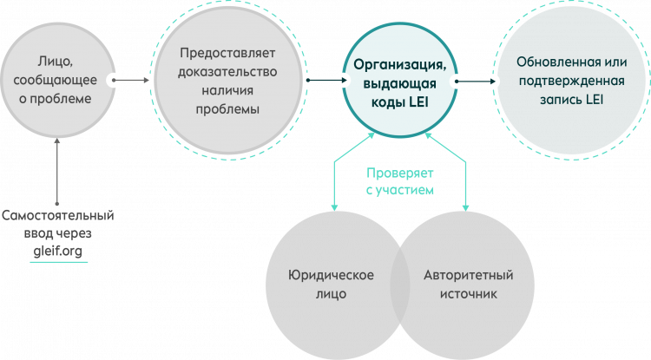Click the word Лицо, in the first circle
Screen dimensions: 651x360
(56, 62)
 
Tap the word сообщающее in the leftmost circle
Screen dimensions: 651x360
(56, 80)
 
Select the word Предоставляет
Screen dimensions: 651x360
(227, 53)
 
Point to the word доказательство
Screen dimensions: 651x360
(227, 72)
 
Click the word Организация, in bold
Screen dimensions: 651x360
(400, 65)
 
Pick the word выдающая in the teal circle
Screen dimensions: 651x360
(400, 84)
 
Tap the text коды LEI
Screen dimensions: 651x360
(400, 102)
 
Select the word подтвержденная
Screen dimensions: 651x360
(572, 81)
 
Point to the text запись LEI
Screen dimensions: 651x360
(572, 100)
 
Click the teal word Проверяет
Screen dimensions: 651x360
(400, 173)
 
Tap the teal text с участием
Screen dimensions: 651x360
(400, 190)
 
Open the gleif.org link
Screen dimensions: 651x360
(57, 252)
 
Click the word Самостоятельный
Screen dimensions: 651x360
(57, 216)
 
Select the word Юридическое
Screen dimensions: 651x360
(331, 275)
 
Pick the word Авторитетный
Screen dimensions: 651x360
(469, 275)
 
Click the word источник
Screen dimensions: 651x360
(469, 294)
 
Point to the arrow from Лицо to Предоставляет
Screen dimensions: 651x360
(130, 80)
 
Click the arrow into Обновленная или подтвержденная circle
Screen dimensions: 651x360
(476, 82)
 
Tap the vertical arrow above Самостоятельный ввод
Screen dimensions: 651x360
(57, 171)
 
